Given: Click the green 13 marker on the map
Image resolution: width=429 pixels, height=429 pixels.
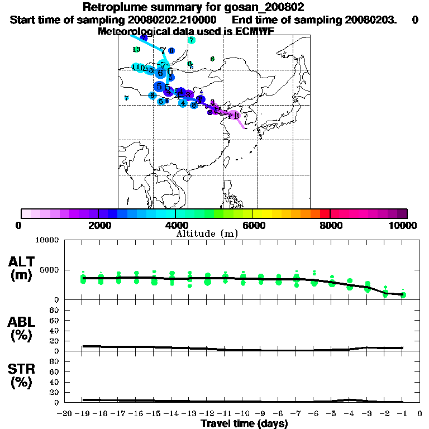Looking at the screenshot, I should coord(136,50).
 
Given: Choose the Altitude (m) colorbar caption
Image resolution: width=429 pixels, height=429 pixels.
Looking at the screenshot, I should coord(207,233).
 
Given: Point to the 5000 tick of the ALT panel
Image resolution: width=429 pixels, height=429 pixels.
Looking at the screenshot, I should coord(51,269).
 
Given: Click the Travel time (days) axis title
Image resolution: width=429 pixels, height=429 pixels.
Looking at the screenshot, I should coord(245,424).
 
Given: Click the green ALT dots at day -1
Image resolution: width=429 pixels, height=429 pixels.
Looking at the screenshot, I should coord(403,294).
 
